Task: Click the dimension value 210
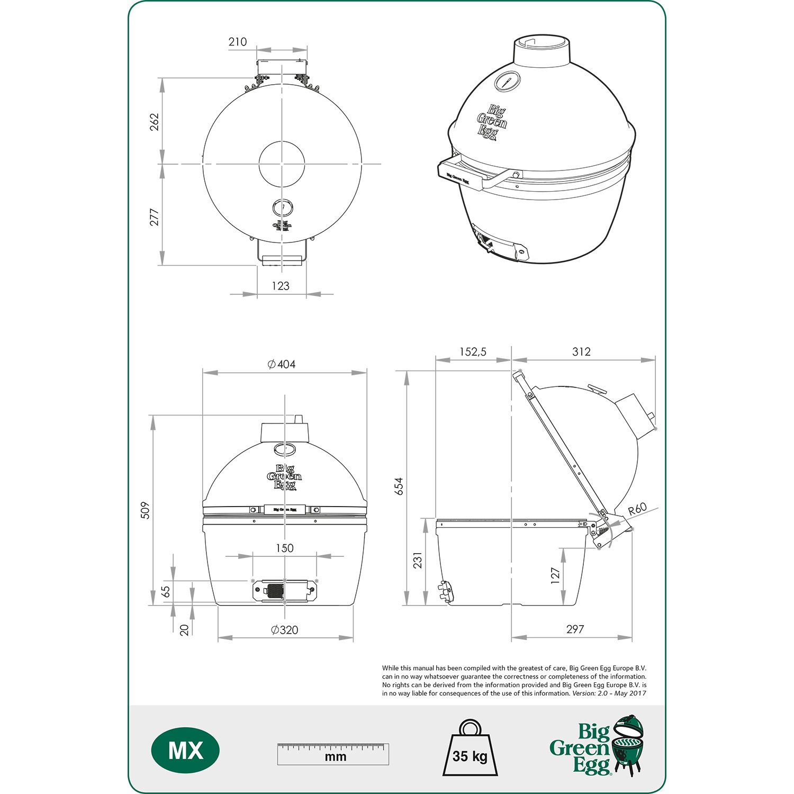(238, 42)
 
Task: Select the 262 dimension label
(154, 122)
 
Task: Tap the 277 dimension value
(154, 217)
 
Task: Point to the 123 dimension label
(281, 286)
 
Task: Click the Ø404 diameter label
(282, 364)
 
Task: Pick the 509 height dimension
(146, 510)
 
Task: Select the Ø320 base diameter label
(284, 630)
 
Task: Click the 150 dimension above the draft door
(284, 548)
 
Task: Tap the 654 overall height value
(399, 486)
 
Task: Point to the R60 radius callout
(637, 509)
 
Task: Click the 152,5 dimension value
(473, 352)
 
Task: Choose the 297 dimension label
(575, 629)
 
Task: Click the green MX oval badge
(185, 751)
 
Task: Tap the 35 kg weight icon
(470, 749)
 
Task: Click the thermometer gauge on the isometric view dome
(507, 81)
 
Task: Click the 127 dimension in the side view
(555, 575)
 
